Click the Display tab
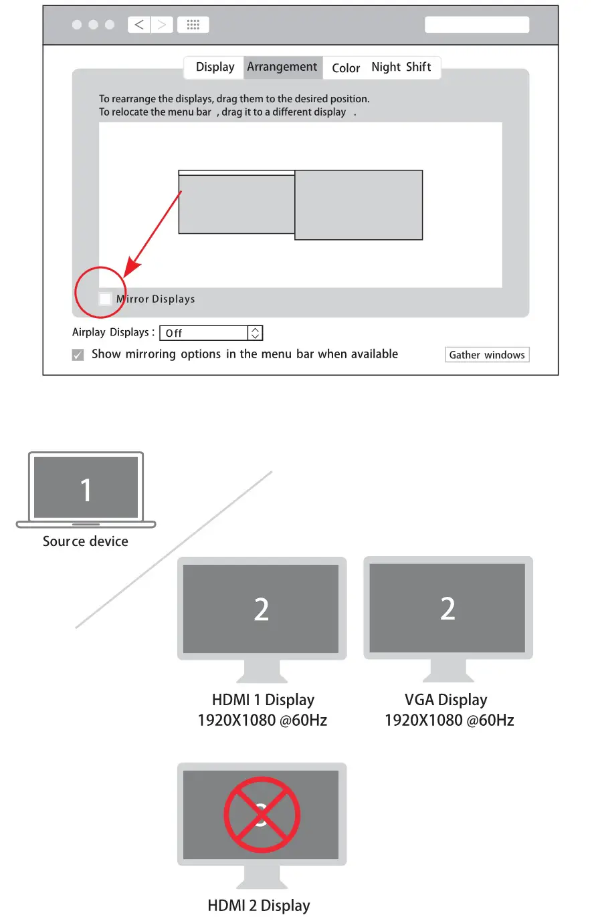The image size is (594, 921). coord(215,67)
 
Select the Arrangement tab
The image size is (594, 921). coord(282,67)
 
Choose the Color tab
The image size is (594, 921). coord(346,68)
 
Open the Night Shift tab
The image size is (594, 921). coord(401,67)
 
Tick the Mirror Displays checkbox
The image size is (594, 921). coord(106,299)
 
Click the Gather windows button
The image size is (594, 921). coord(487,355)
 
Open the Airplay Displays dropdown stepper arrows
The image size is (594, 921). coord(255,333)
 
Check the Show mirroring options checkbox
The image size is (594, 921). coord(78,355)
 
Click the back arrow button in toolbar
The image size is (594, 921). coord(139,25)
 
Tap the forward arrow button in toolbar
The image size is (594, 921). coord(162,25)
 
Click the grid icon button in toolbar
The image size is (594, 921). coord(193,25)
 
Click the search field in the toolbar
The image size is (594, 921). coord(477,25)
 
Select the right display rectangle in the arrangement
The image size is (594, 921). coord(359,205)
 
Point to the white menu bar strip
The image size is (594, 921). coord(237,173)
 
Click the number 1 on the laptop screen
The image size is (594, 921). coord(86,490)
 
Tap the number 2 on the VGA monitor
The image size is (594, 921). coord(448,609)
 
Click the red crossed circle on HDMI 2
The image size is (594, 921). coord(262,815)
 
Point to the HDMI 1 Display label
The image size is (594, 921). coord(263,700)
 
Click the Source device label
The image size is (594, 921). coord(86,541)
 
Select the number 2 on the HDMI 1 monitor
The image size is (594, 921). coord(262,610)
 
